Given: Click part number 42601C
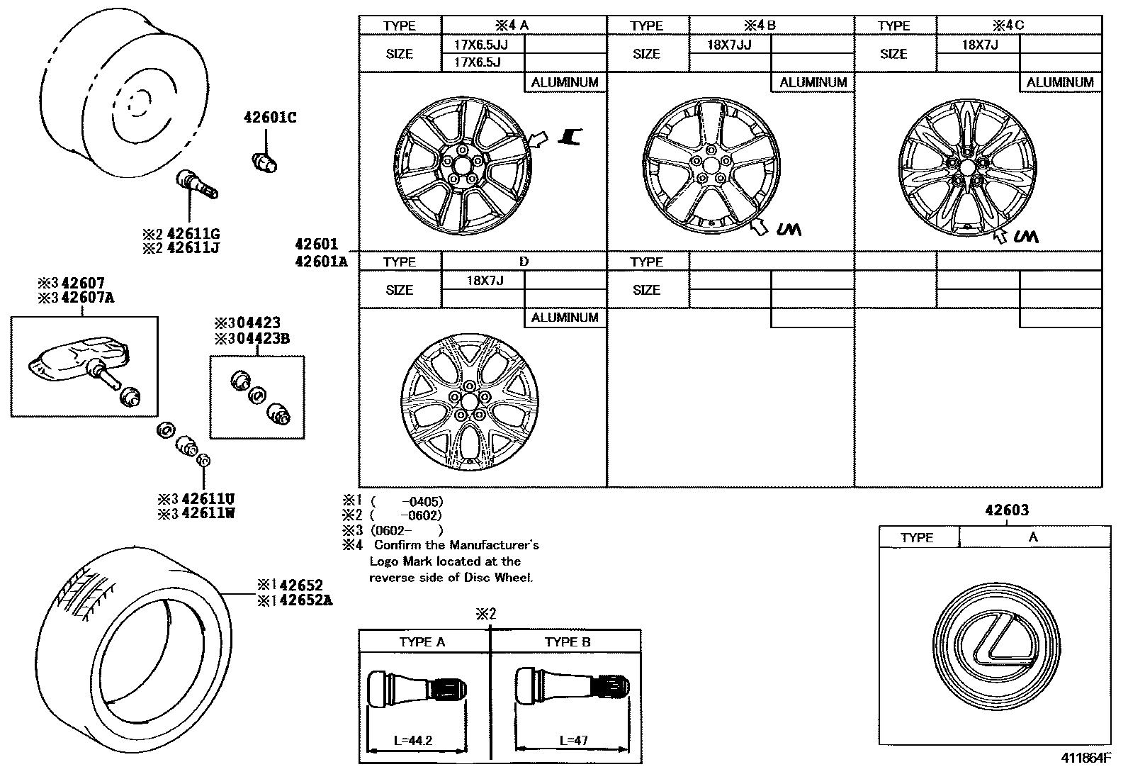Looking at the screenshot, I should tap(270, 118).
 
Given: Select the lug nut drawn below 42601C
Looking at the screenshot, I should tap(266, 162).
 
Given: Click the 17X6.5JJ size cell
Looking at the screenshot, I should tap(480, 44).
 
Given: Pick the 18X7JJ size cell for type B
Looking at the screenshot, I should tap(729, 44).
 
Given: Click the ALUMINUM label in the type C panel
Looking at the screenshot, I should tap(1060, 82).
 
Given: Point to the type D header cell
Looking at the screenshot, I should tap(524, 262).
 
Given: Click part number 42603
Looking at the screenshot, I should tap(1007, 510).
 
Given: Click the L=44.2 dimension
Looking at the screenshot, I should tap(413, 741).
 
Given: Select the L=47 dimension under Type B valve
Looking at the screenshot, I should tap(573, 741).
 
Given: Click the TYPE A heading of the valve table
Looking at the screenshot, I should tap(422, 642).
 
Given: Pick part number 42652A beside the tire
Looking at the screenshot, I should tap(305, 600).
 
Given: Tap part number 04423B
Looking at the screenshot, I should tap(261, 338).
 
